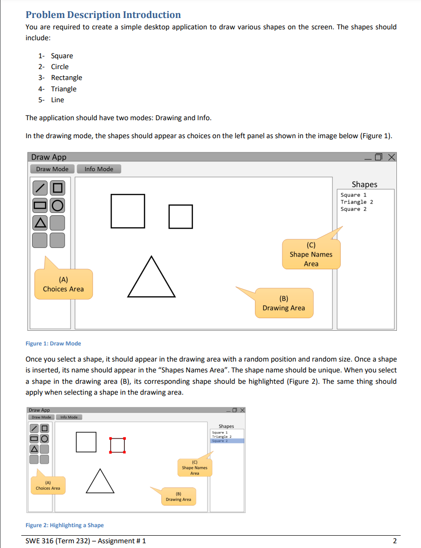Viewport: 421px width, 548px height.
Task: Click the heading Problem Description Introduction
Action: pos(103,15)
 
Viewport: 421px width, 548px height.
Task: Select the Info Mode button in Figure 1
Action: pos(98,169)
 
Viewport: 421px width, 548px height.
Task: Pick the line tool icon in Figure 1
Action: pos(40,188)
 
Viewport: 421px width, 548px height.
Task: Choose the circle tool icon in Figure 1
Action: pos(57,205)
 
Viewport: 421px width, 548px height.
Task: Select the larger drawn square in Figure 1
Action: pos(128,211)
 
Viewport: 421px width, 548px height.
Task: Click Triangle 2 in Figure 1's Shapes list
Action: pos(357,202)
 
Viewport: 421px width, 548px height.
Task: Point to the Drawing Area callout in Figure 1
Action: pos(284,303)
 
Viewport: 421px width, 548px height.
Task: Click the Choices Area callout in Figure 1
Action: pos(63,284)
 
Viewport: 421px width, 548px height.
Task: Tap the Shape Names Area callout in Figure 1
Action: pos(311,255)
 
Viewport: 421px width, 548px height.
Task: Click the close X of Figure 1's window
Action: pos(391,157)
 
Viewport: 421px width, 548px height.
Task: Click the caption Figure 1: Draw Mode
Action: pos(53,343)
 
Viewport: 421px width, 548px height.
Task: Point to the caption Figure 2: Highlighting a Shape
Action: pos(64,525)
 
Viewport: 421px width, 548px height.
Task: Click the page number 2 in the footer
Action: pos(395,541)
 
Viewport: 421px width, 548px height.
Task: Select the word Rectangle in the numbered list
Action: pos(67,78)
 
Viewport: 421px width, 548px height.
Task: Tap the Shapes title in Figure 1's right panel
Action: pos(364,184)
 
